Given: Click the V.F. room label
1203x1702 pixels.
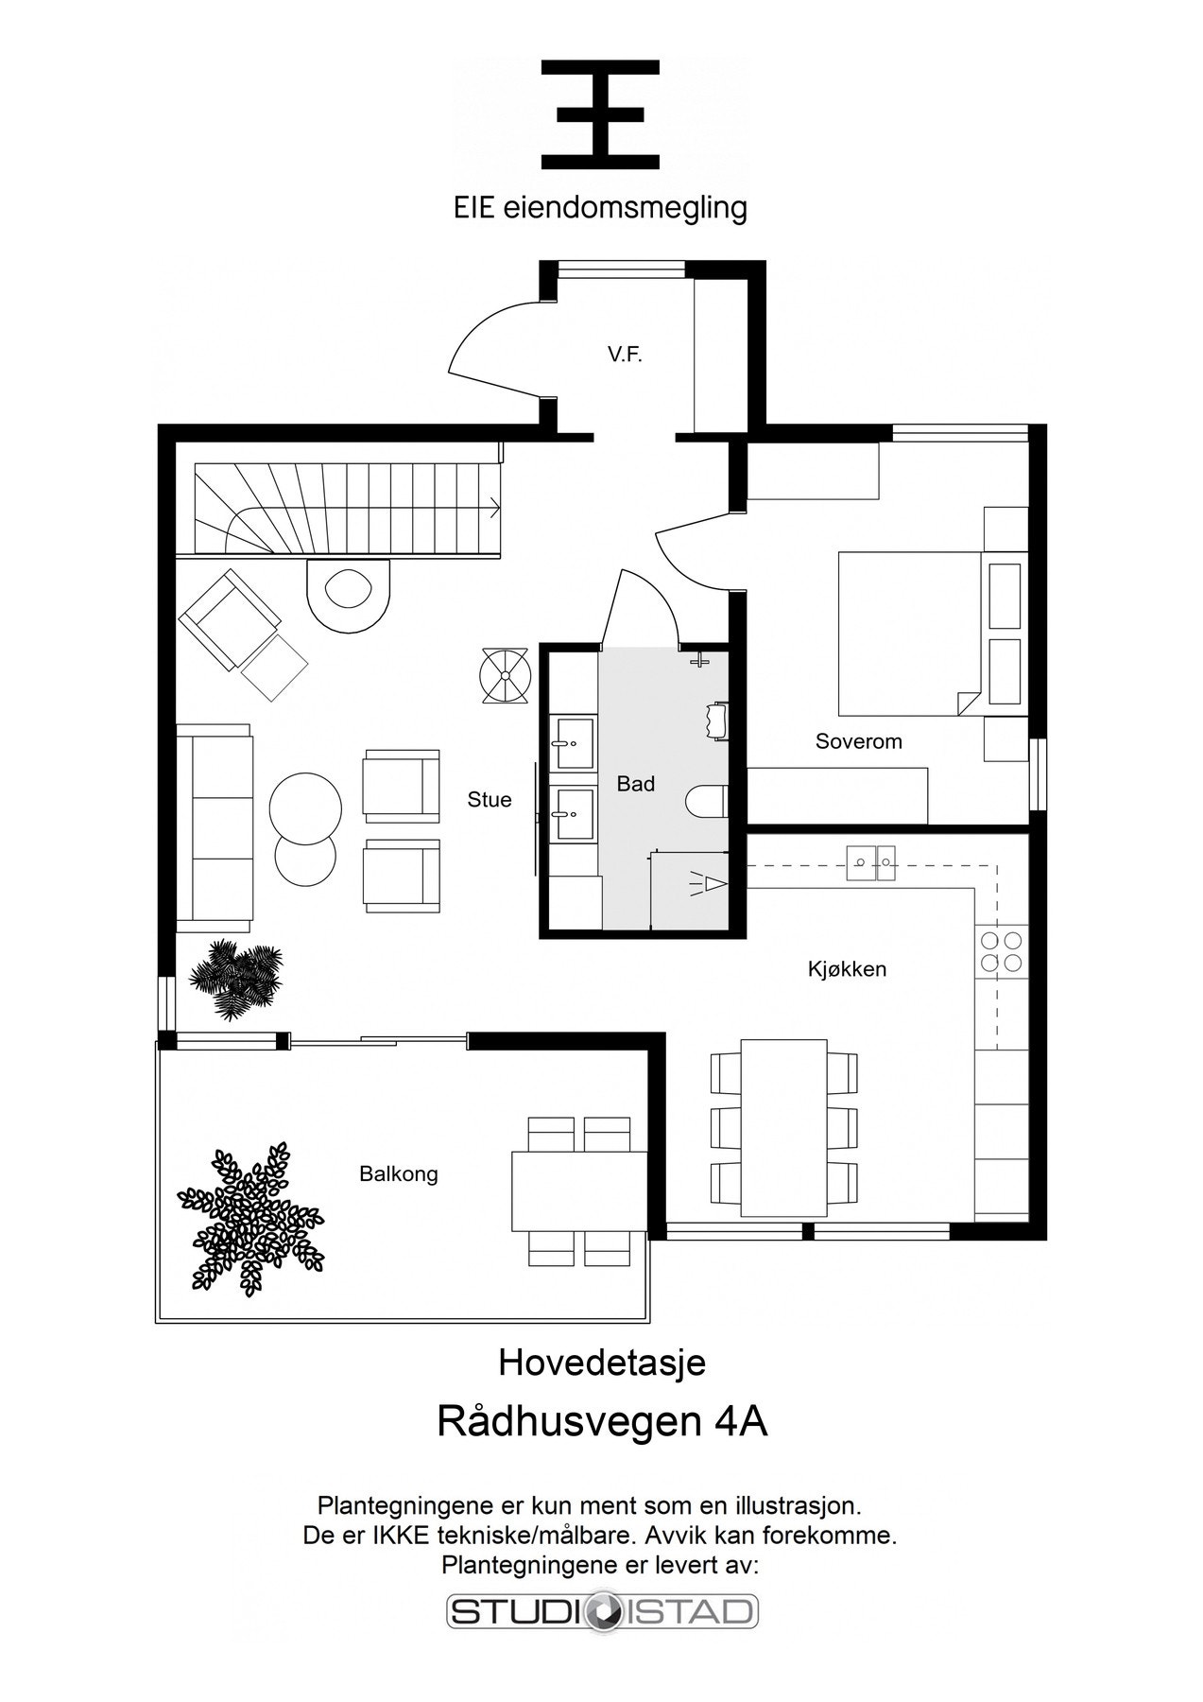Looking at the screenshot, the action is [626, 356].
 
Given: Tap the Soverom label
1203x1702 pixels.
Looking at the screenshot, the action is [858, 741].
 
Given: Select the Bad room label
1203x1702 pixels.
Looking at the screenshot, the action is [635, 784].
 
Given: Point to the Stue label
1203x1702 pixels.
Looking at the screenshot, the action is [490, 800].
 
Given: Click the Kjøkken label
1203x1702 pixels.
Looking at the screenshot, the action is [847, 969].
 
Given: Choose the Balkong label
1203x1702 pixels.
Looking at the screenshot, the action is [398, 1174].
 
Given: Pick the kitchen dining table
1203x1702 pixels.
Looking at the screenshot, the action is [783, 1128].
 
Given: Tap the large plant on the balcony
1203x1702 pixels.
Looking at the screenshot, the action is [250, 1220].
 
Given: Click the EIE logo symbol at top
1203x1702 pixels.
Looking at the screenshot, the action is [600, 114].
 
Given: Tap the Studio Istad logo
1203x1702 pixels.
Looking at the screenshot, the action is [602, 1611].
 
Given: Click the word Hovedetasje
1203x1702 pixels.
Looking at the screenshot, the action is [602, 1363].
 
